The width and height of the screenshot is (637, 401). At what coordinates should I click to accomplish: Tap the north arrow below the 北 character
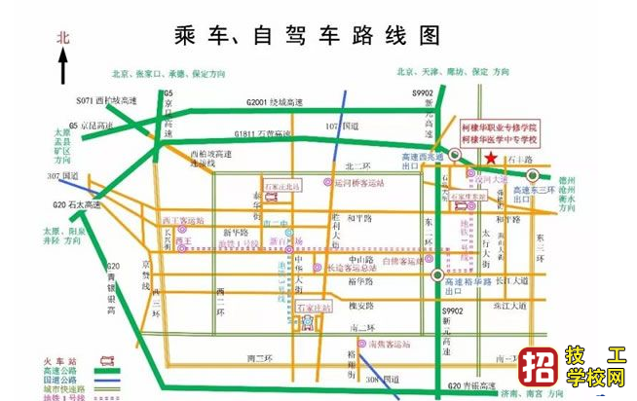63,65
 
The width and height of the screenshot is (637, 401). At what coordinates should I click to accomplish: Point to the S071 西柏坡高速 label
107,100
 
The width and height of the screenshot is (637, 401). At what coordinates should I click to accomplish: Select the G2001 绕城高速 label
269,101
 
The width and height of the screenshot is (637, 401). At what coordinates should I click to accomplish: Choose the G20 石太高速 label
78,206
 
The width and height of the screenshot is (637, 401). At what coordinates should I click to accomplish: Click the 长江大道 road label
512,280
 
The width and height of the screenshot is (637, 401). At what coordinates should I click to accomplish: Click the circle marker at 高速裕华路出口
436,276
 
